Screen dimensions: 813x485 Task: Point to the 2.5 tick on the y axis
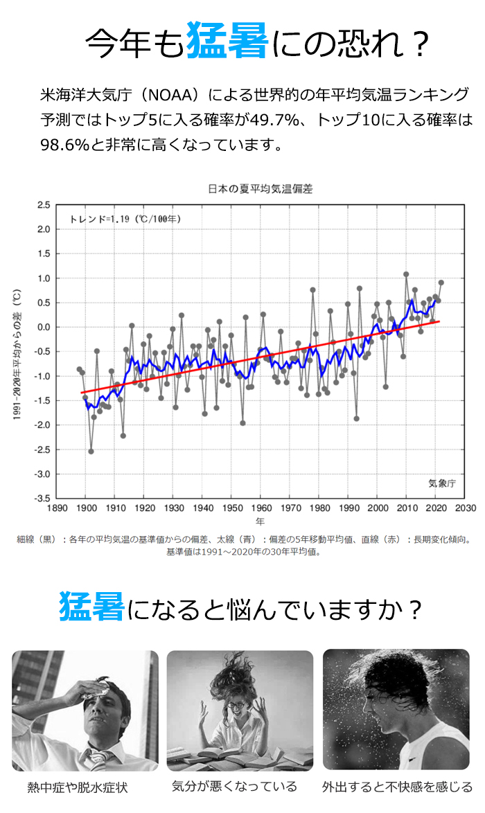point(44,205)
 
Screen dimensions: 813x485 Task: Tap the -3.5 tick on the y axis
point(42,499)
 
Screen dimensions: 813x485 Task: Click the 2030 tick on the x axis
point(466,508)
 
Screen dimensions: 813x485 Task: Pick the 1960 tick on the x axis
point(261,508)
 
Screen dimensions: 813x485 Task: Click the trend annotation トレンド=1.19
point(125,219)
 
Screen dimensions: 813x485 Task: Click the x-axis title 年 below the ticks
point(260,521)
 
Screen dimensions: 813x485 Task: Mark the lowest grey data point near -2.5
point(91,452)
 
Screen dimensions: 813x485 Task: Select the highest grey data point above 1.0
point(406,274)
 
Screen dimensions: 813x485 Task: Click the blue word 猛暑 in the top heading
point(227,42)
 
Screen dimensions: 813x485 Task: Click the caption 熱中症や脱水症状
point(78,787)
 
